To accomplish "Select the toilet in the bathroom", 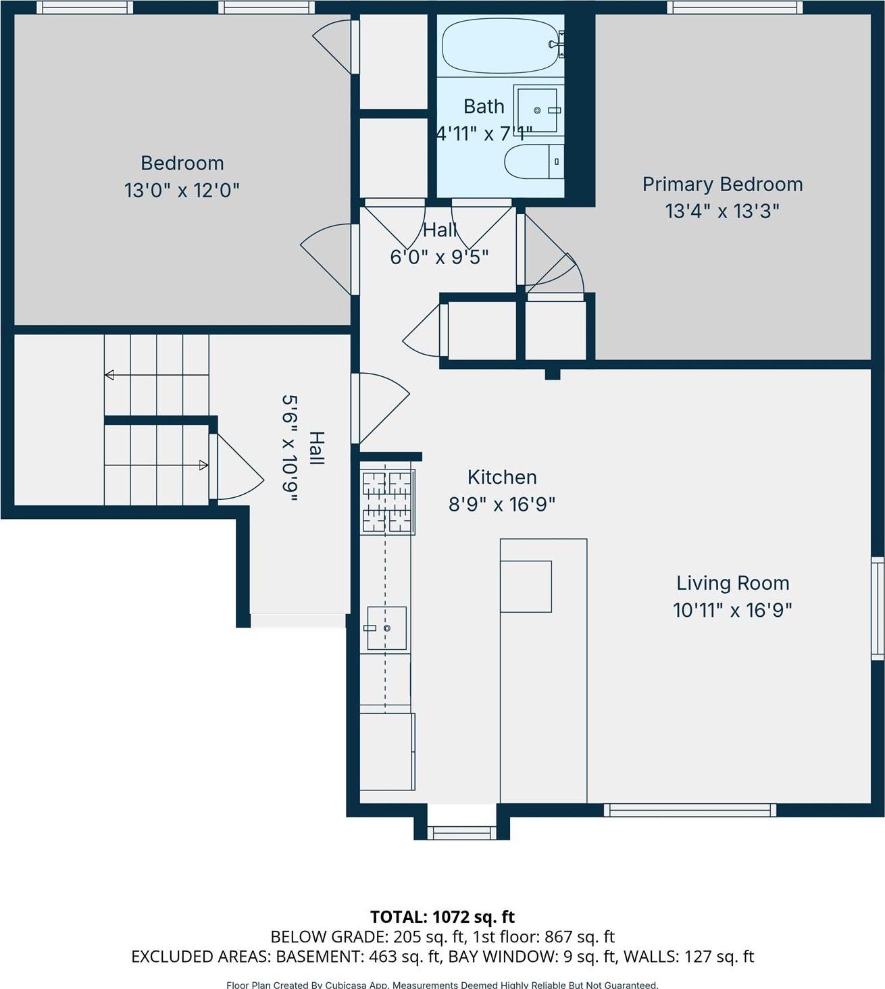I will point(534,161).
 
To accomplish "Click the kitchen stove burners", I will point(388,502).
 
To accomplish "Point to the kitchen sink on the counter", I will point(386,628).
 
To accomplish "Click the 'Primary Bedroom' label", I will point(722,184).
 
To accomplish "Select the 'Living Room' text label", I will point(732,583).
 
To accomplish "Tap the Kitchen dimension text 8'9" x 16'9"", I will point(501,504).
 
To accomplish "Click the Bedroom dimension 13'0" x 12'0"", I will point(182,191).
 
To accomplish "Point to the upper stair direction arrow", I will point(156,375).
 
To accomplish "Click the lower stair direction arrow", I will point(156,465).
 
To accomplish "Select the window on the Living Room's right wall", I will point(877,608).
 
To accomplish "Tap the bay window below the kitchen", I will point(462,832).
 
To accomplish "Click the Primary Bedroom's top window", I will point(735,7).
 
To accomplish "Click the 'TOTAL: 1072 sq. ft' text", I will point(442,917).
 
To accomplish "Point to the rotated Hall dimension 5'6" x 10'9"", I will point(290,449).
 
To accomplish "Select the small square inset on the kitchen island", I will point(526,586).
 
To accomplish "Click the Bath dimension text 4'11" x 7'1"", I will point(484,134).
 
